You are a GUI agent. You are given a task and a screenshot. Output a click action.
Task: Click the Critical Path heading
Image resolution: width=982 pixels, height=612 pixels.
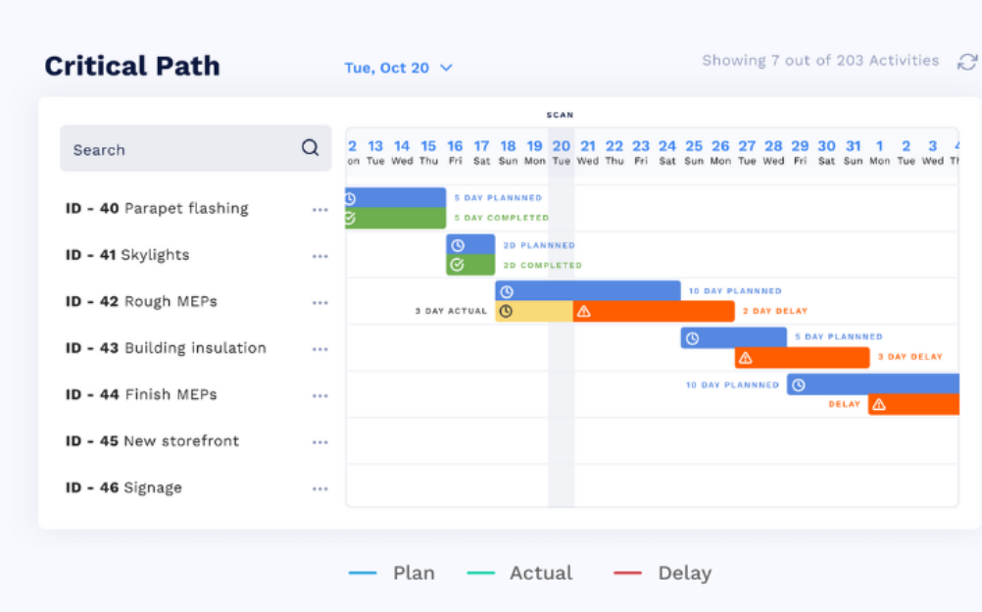click(132, 67)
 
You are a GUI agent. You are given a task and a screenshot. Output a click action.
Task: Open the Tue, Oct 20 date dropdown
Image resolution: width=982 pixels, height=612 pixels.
click(398, 68)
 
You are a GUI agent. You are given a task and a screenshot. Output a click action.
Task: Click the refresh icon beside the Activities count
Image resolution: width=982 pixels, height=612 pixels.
click(966, 62)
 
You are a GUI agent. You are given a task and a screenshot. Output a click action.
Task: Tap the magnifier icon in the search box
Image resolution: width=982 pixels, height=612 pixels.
click(310, 148)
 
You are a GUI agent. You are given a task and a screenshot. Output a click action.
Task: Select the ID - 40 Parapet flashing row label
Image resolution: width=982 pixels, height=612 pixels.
click(157, 208)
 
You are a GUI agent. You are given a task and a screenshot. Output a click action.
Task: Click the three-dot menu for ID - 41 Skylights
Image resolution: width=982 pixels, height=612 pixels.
click(319, 256)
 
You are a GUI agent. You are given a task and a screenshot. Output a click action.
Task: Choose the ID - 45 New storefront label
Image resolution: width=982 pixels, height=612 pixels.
click(152, 441)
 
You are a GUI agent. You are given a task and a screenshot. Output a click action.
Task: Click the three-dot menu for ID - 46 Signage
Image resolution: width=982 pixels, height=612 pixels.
click(319, 488)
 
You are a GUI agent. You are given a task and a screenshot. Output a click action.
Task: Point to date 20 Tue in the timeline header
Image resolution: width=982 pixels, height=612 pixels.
click(561, 152)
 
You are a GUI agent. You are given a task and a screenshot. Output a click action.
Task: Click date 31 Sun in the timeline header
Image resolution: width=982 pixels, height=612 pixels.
click(853, 152)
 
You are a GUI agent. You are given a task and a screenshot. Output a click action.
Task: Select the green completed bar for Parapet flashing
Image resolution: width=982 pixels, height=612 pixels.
click(395, 218)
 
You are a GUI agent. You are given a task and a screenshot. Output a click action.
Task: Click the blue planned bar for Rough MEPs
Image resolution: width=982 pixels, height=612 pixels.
click(588, 291)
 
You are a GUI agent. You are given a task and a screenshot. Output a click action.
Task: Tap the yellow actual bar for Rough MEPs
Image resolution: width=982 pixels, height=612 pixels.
click(534, 312)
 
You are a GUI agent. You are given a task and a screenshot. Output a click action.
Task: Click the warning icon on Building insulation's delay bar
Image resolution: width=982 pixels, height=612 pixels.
click(746, 358)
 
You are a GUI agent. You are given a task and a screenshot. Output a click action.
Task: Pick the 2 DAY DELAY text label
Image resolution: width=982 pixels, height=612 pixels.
click(775, 312)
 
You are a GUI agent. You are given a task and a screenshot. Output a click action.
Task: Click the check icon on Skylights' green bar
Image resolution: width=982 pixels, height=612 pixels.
click(456, 265)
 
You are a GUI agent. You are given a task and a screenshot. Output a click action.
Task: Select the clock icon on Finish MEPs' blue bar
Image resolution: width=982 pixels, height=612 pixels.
click(799, 384)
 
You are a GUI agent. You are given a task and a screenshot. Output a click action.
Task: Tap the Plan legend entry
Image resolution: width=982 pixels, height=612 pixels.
click(392, 573)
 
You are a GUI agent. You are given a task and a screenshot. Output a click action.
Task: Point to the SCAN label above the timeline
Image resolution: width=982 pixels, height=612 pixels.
click(560, 115)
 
